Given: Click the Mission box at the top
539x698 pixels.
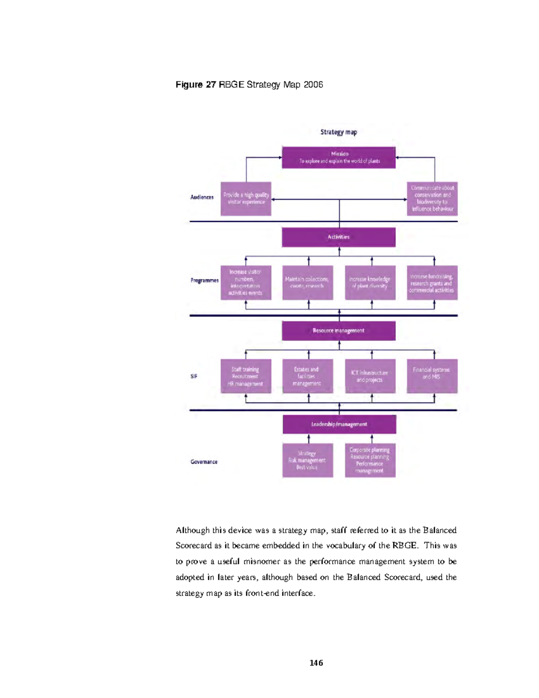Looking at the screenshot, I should pos(339,157).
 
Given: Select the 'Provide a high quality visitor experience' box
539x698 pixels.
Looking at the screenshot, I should pos(246,199).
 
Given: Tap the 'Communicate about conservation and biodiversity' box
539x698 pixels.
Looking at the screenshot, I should pos(432,199).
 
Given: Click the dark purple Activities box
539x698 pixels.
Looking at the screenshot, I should pos(339,237).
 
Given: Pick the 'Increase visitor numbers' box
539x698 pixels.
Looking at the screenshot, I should pos(246,283).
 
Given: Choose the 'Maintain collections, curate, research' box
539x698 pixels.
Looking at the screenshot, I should pos(308,283).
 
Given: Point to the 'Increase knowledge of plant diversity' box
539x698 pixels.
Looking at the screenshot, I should pos(370,283).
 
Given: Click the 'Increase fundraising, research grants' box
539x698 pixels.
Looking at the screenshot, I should pos(432,283).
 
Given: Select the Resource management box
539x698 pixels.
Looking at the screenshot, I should pos(339,331).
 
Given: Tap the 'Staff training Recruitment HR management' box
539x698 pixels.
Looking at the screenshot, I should pos(246,376).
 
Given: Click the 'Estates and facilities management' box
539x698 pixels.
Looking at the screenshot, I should pos(308,376).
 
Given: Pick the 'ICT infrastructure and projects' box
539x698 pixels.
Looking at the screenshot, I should pos(370,376).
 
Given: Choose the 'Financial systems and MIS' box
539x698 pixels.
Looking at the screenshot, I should pos(432,376).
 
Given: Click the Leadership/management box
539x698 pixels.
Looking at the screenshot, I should pos(339,424).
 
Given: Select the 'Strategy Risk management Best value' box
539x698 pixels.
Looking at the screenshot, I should pos(308,460).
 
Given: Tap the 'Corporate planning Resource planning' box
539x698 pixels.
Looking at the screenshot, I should pos(370,460).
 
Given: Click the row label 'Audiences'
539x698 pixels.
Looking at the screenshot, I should pos(202,197).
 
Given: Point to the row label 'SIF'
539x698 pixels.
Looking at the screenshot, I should pos(194,377).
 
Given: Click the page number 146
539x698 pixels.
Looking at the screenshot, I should pos(316,663).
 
